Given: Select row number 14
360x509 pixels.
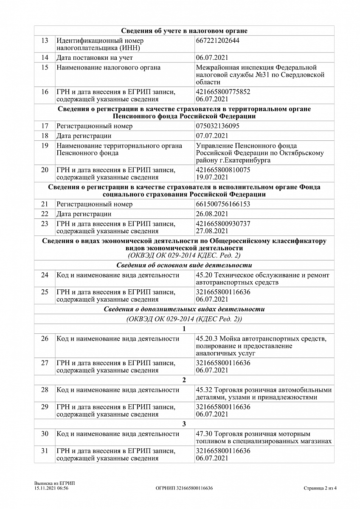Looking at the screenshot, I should [x=45, y=58].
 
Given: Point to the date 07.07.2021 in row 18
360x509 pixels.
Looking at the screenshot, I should [x=212, y=136].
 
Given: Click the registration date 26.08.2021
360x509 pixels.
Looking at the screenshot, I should [x=212, y=214].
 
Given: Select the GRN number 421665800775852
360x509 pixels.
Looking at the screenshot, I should [x=223, y=92].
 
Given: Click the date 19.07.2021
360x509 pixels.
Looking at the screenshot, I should [x=212, y=177].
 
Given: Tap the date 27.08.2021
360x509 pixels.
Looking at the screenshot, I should [x=212, y=231].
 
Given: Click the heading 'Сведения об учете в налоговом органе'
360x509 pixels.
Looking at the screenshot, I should [x=184, y=31].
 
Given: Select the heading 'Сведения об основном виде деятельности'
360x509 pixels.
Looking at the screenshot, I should [x=184, y=266].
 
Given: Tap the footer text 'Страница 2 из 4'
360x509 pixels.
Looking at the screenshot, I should [x=321, y=488].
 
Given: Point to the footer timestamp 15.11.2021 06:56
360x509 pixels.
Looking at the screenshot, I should [x=51, y=488].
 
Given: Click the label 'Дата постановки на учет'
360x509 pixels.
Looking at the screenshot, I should [x=95, y=58].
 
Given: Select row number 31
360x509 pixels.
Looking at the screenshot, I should [x=45, y=451].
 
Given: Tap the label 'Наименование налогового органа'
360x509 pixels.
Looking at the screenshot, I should [x=108, y=68].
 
